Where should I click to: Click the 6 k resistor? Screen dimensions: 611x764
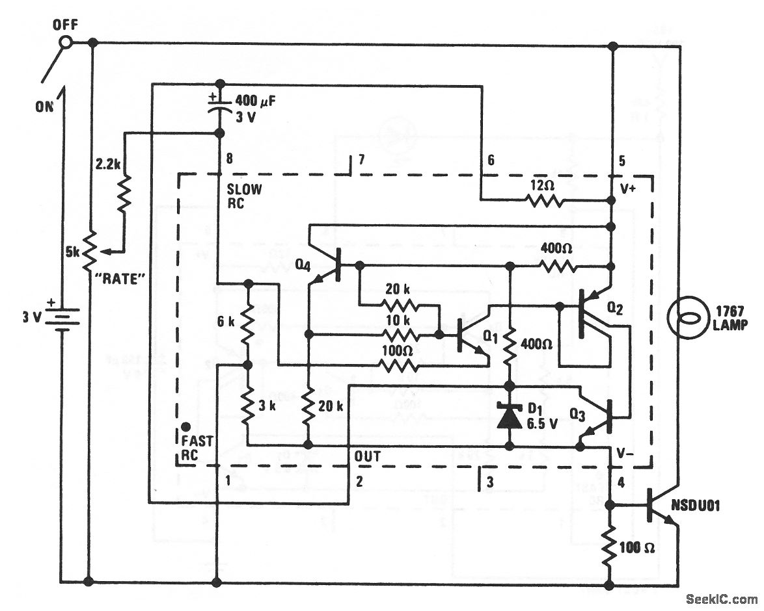click(x=248, y=325)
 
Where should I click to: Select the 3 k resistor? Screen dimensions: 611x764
click(x=248, y=406)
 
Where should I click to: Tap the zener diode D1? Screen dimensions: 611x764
click(x=510, y=417)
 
